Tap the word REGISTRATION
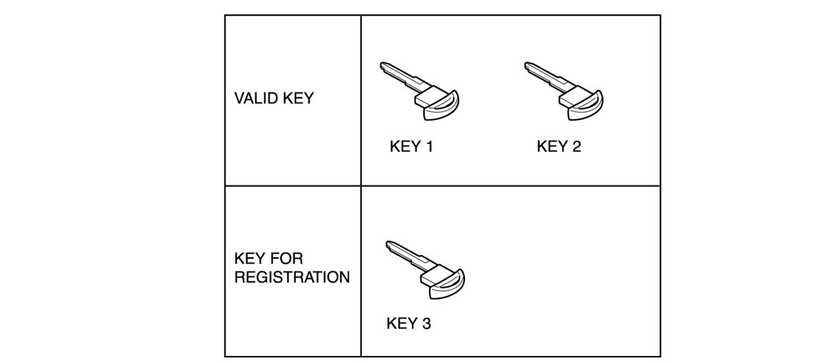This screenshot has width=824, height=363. [x=291, y=277]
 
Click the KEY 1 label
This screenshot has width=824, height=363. [x=411, y=147]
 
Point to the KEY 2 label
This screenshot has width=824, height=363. [x=559, y=147]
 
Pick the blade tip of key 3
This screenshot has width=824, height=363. [x=389, y=245]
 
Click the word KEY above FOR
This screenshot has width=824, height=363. [x=250, y=259]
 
